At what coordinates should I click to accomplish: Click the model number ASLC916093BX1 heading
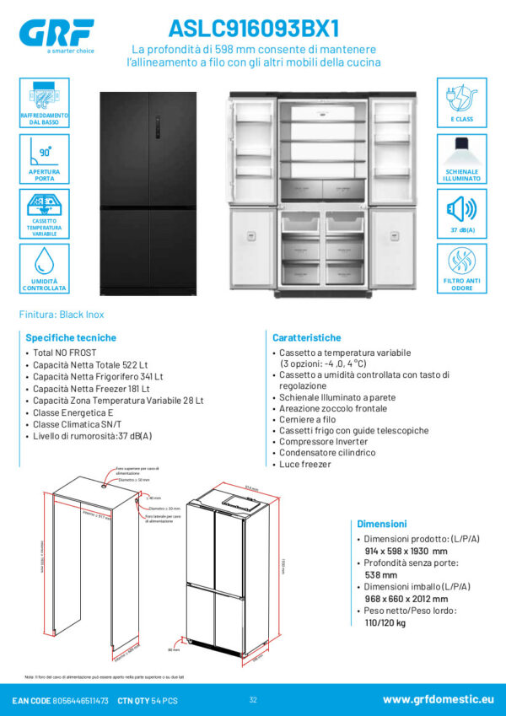253,28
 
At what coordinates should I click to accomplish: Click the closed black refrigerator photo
148,194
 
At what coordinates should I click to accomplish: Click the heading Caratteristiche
306,336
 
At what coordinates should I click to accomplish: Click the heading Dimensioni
382,524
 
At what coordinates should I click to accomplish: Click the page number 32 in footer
253,700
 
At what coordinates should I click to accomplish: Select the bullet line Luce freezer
305,464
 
